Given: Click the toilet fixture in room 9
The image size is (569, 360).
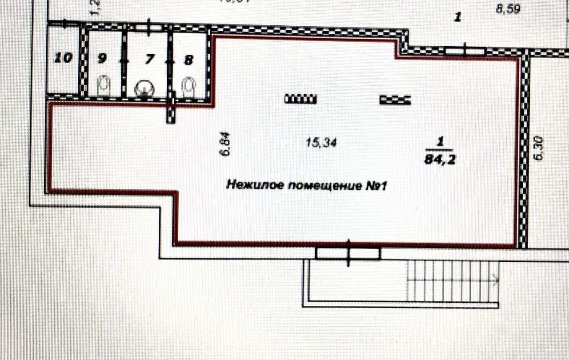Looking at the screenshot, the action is pyautogui.click(x=104, y=85).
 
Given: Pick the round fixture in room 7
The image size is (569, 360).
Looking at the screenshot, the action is pyautogui.click(x=144, y=88).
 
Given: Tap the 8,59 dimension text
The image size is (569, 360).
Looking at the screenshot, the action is pyautogui.click(x=508, y=9).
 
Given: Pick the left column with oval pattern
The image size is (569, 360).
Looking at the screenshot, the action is pyautogui.click(x=301, y=99).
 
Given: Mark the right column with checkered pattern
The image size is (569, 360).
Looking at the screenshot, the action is pyautogui.click(x=395, y=100).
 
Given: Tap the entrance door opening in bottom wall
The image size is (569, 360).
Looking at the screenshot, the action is pyautogui.click(x=348, y=253).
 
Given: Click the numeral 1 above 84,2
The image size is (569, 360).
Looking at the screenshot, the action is pyautogui.click(x=440, y=142).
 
